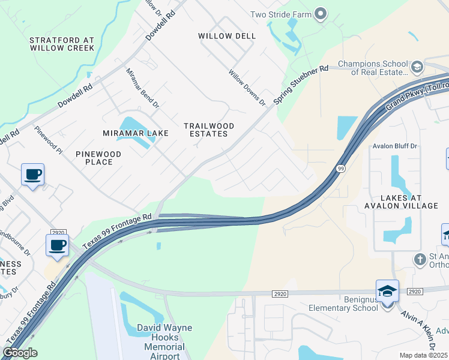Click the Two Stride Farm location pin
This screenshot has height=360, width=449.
(321, 13)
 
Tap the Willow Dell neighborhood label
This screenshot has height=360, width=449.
(227, 36)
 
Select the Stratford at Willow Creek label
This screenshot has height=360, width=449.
(62, 44)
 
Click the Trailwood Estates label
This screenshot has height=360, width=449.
(208, 130)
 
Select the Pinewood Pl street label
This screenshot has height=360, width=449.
(48, 139)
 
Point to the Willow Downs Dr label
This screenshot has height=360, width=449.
(247, 88)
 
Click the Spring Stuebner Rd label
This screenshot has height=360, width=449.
(301, 84)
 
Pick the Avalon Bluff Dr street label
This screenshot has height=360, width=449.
(394, 146)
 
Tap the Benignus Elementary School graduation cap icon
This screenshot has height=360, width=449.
(387, 291)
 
